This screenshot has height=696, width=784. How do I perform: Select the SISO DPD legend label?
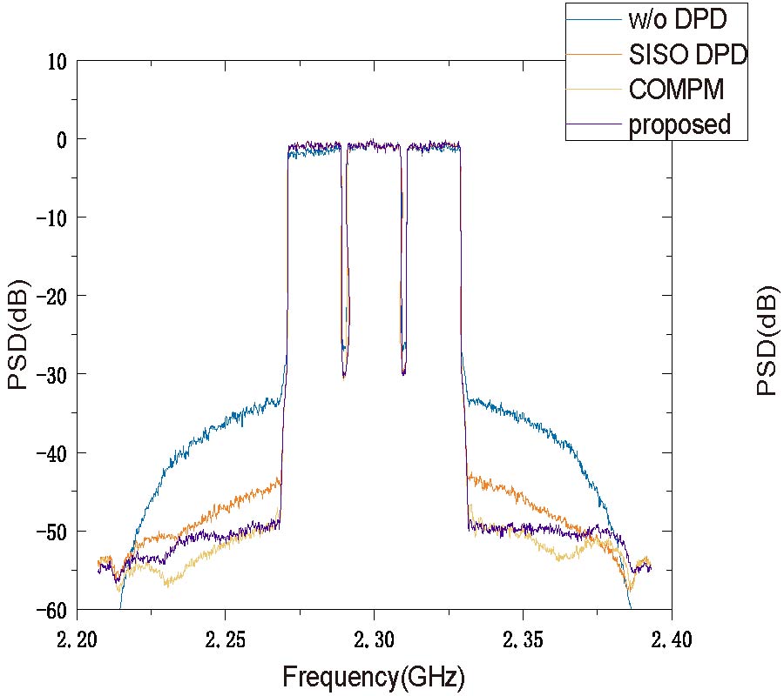point(688,54)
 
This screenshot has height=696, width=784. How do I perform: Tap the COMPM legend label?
point(676,89)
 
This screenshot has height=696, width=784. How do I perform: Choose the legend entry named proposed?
point(679,124)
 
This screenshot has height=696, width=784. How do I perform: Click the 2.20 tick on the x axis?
point(78,641)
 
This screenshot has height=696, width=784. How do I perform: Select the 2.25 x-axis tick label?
point(226,641)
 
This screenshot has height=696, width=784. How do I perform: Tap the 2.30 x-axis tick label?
point(375,641)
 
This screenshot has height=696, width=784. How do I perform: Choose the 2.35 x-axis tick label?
point(524,641)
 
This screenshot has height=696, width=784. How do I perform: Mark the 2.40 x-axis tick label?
point(672,641)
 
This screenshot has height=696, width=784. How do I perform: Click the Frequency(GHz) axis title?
point(374,677)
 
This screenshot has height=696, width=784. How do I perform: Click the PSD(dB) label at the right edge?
point(766,340)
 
